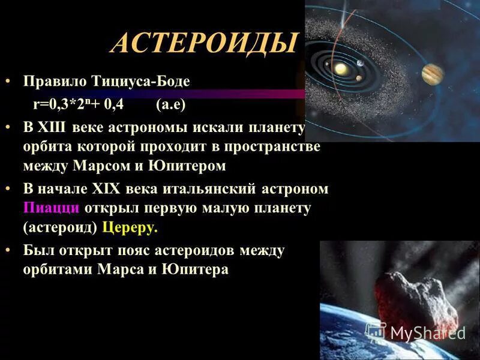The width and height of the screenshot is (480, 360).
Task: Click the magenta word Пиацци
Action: pyautogui.click(x=51, y=208)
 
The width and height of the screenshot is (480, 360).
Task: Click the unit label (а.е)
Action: pyautogui.click(x=170, y=104)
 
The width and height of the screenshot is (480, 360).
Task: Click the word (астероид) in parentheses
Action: pyautogui.click(x=61, y=228)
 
